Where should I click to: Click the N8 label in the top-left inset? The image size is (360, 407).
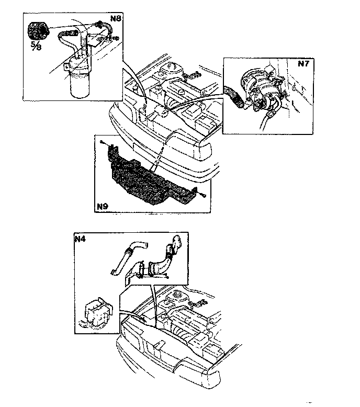coord(116,19)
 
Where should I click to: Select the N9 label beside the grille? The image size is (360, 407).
coord(103,207)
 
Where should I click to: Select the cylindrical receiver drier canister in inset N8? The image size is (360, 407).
coord(78,83)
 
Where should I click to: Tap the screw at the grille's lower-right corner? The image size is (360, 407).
coord(203,196)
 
